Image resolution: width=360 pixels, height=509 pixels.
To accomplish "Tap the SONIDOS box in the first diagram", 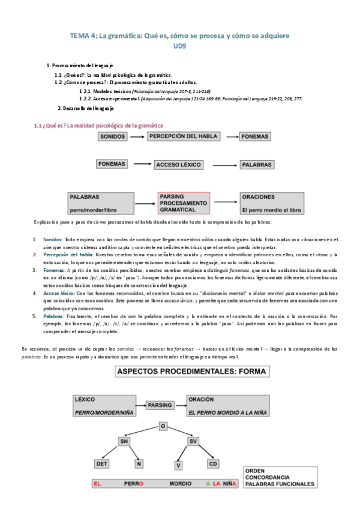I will (x=113, y=137).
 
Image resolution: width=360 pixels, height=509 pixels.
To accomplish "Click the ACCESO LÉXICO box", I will (x=179, y=164).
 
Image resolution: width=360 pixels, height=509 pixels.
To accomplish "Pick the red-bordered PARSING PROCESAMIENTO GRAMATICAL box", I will (x=184, y=204).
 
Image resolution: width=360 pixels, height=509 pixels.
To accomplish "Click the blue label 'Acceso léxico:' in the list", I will (x=61, y=294).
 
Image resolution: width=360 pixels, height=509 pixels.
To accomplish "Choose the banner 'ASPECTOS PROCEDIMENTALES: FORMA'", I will (x=193, y=371).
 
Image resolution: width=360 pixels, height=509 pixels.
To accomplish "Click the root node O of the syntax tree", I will (x=162, y=426).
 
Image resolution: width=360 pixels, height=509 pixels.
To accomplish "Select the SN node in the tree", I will (x=124, y=441).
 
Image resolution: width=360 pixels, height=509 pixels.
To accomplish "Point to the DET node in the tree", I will (x=103, y=463).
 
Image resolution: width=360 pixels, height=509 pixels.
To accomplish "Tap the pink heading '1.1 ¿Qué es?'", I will (x=98, y=125).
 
